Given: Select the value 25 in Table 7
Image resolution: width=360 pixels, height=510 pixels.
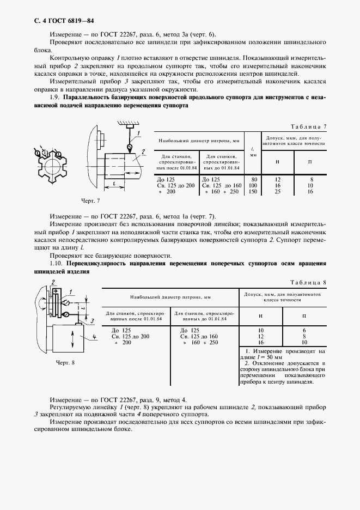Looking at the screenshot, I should tap(277, 192).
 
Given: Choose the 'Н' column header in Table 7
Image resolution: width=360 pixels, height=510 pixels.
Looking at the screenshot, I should tap(277, 162).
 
